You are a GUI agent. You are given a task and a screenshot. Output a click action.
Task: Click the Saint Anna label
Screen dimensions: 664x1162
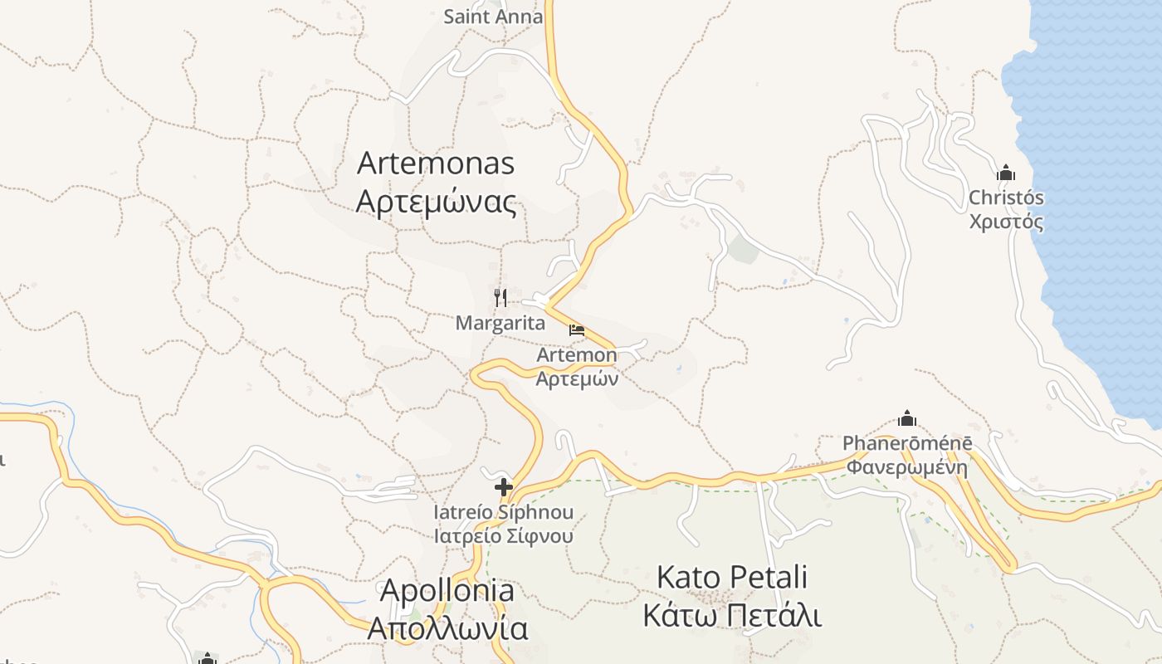[x=493, y=17]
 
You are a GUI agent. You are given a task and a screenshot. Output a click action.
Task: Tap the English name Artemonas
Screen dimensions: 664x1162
[x=436, y=164]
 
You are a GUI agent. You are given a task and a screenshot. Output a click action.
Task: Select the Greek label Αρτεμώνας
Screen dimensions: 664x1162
[x=436, y=202]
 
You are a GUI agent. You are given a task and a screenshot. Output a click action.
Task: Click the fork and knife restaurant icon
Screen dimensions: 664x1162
[x=500, y=297]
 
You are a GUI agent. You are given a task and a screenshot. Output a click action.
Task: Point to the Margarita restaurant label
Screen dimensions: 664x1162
[x=500, y=324]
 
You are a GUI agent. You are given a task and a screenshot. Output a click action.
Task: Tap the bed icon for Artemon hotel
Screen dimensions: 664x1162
[x=577, y=330]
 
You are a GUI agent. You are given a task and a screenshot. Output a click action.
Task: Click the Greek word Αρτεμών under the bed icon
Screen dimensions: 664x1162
[x=577, y=379]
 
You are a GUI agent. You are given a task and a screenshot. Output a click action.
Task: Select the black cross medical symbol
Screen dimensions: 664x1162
[x=504, y=487]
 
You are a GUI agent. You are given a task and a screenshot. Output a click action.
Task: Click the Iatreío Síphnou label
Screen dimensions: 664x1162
[x=504, y=512]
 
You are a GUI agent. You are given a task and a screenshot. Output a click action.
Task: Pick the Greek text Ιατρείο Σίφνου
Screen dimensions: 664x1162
[x=504, y=535]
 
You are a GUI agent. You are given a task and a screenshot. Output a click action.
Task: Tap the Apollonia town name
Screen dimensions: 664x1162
[x=447, y=591]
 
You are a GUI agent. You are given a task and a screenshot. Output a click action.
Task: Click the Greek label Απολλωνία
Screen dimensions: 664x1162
[x=447, y=628]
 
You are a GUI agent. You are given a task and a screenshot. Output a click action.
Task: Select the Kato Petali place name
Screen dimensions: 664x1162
[x=732, y=577]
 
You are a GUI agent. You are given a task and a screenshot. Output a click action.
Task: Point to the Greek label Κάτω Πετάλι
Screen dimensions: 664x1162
[x=732, y=616]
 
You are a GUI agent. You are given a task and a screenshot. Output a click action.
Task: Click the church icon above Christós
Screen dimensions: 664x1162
[x=1006, y=173]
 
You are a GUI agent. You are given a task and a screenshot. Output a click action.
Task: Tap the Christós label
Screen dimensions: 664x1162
[x=1006, y=198]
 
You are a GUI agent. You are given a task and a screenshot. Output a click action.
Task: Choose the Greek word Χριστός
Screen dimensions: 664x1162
[x=1006, y=222]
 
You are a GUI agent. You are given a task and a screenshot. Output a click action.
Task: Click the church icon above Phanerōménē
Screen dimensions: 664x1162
[x=907, y=418]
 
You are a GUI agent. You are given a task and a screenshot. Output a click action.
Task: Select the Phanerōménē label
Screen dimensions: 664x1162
[x=907, y=443]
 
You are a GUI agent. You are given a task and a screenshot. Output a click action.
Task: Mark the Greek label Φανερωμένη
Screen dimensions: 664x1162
[x=907, y=466]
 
